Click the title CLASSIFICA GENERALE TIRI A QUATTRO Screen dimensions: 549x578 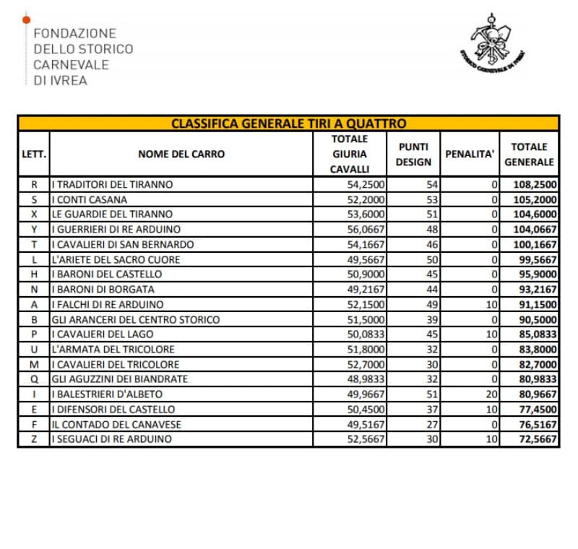tap(288, 124)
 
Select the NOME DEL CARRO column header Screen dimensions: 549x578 tap(181, 154)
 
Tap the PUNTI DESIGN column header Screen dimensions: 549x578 tap(413, 154)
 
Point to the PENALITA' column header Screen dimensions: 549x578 tap(470, 154)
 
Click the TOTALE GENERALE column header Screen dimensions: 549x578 tap(529, 154)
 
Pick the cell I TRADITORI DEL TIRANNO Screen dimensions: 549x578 tap(113, 184)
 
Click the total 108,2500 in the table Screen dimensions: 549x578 tap(535, 184)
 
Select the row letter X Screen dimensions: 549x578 tap(34, 215)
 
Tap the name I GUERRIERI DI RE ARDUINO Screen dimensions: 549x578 tap(117, 229)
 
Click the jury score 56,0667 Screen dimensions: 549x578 tap(367, 229)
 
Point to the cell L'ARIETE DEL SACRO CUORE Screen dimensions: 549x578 tap(116, 259)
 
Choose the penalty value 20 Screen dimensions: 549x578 tap(491, 394)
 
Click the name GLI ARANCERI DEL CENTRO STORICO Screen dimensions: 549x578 tap(135, 319)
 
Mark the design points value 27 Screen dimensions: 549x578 tap(432, 424)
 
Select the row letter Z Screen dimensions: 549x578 tap(34, 439)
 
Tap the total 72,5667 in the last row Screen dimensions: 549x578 tap(535, 439)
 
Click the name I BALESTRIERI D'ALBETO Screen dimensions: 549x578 tap(108, 394)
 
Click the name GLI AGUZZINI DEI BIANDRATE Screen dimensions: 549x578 tap(120, 379)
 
